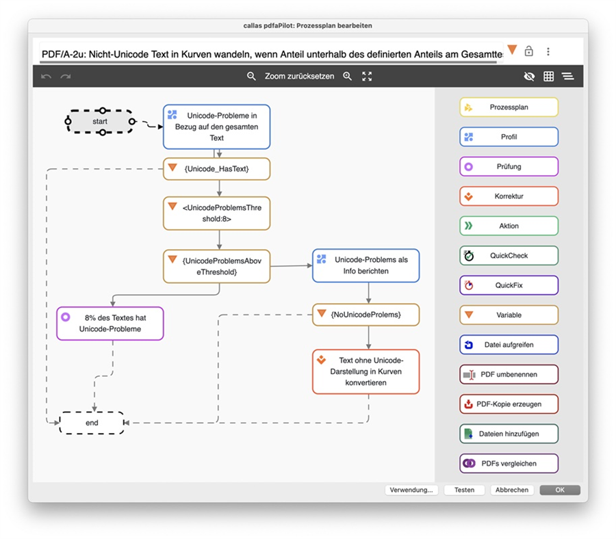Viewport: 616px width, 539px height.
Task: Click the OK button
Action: click(x=560, y=490)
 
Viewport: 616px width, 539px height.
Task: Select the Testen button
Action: click(x=464, y=490)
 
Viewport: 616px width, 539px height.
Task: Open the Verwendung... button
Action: click(x=411, y=490)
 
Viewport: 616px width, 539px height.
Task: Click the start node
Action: click(x=100, y=121)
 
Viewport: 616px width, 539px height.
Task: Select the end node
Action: click(x=92, y=423)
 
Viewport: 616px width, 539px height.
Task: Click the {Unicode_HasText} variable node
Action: click(x=216, y=169)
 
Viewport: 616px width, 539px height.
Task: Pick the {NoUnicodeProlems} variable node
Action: click(x=365, y=315)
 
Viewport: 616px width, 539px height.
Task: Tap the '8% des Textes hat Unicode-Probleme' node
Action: click(x=110, y=323)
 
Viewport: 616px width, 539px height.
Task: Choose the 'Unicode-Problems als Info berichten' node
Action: click(x=365, y=265)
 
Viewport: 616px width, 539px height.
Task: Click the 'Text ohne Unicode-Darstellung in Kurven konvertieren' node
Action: click(x=365, y=371)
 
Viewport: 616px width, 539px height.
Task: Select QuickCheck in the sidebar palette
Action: click(x=509, y=256)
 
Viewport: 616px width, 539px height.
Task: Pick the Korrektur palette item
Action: click(x=509, y=196)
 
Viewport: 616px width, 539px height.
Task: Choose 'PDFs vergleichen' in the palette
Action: click(x=509, y=464)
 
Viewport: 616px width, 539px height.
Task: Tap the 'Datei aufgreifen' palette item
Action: click(x=509, y=345)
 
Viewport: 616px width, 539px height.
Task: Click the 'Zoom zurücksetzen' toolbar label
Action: click(x=299, y=76)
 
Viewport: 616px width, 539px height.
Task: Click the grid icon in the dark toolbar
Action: click(x=548, y=76)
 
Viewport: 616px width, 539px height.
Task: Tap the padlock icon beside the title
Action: click(x=529, y=51)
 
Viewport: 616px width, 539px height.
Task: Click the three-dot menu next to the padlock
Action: click(x=548, y=51)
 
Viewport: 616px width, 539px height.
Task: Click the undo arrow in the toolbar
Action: click(x=46, y=76)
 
